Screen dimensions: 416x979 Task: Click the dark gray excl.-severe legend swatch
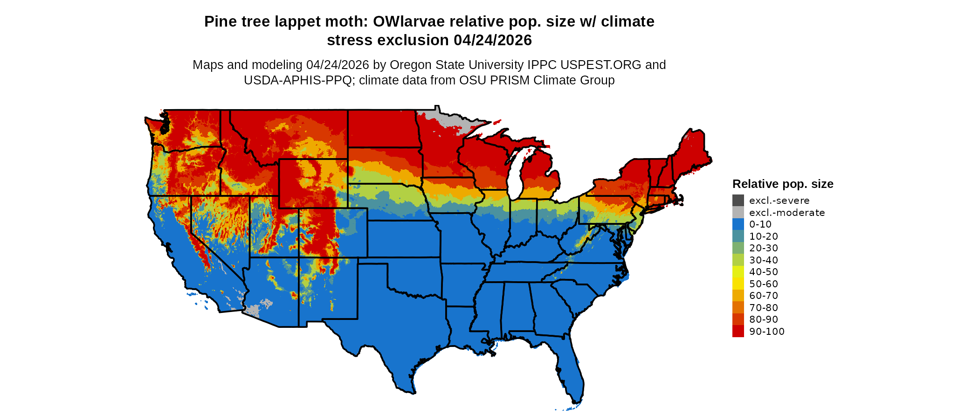pos(738,201)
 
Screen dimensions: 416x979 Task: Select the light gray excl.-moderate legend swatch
pos(738,213)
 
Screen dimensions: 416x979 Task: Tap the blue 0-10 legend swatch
pos(738,224)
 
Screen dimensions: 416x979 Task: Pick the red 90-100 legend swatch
pos(738,331)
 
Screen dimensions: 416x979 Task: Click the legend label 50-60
pos(763,284)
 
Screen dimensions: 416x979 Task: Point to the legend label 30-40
pos(763,260)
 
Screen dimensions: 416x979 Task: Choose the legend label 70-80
pos(763,308)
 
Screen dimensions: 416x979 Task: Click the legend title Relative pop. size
pos(783,184)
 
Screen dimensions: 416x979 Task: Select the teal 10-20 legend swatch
pos(738,236)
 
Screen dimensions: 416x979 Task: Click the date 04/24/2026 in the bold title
pos(492,40)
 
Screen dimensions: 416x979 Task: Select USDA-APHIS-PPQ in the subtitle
pos(297,80)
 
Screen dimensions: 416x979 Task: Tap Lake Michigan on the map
pos(514,177)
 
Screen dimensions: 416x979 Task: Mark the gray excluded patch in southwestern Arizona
pos(252,310)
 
